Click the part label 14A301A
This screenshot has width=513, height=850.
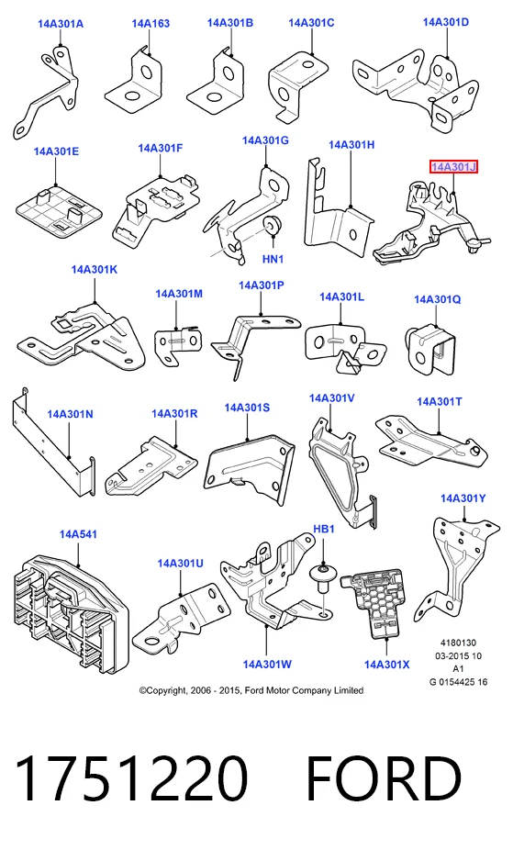pos(61,24)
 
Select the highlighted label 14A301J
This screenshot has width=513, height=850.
pos(453,167)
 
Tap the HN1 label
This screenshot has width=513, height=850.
pos(273,259)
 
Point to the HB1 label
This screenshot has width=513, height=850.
pos(324,529)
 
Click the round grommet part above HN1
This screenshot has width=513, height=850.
pos(271,224)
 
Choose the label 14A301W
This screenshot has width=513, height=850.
pos(267,664)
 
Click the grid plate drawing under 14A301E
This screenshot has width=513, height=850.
pos(59,212)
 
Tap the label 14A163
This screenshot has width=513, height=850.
pos(151,23)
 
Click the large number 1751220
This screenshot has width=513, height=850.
pos(131,777)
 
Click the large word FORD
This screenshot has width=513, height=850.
pos(385,777)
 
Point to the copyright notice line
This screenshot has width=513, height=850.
pos(251,690)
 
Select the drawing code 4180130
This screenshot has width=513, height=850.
pos(458,643)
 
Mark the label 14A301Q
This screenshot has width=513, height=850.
pos(438,299)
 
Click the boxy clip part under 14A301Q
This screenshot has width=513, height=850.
pos(430,350)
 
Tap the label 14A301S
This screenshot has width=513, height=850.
pos(247,408)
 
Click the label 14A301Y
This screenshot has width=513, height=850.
pos(463,498)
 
